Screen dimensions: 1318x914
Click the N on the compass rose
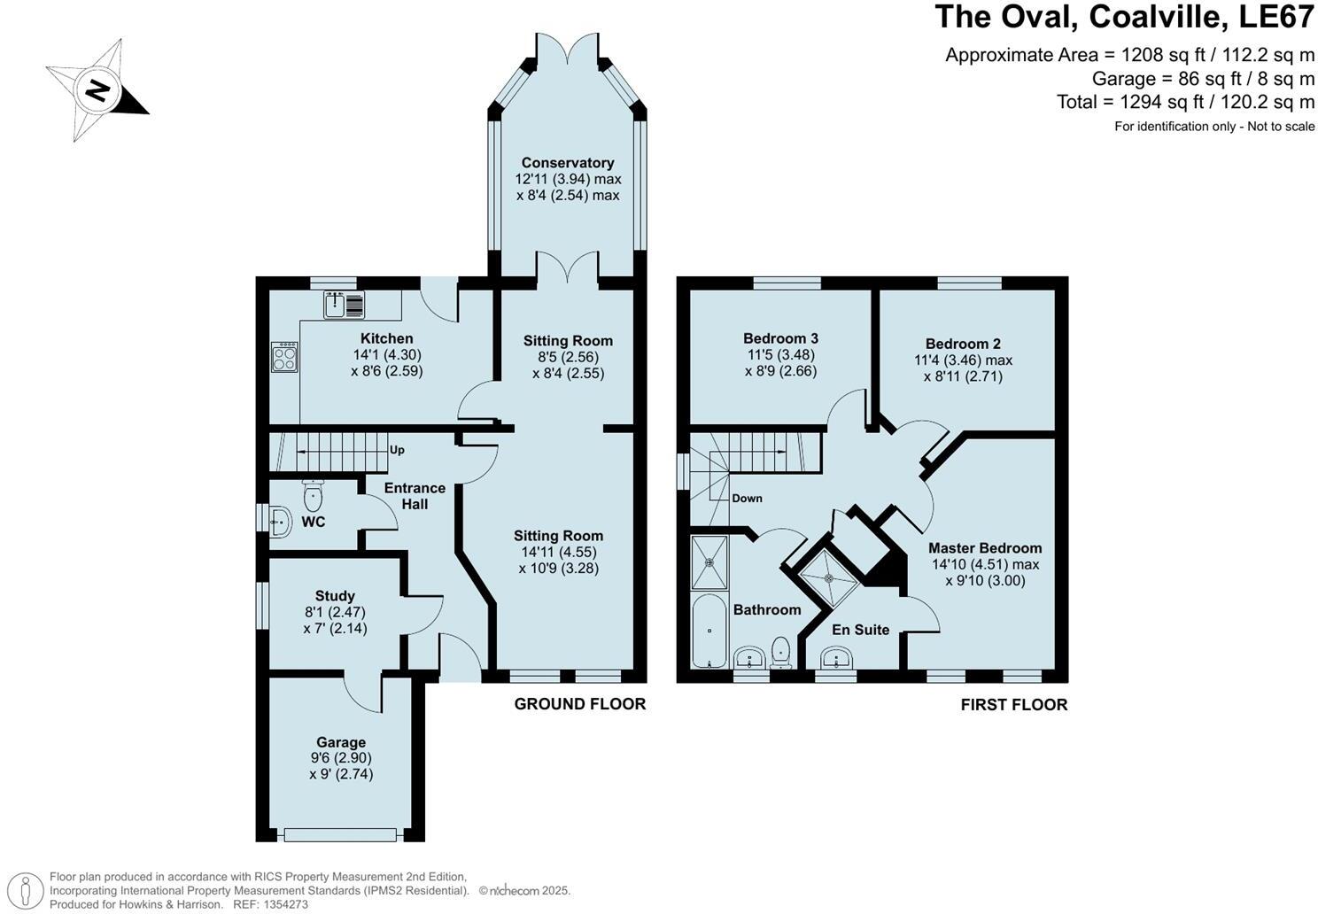pos(97,90)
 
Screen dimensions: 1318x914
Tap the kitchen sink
pos(344,305)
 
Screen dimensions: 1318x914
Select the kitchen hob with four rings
pos(284,357)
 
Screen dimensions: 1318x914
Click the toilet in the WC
pos(313,496)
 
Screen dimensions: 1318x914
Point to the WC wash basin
pos(280,521)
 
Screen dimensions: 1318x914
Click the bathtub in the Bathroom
pos(709,631)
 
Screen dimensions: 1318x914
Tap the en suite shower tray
pos(829,577)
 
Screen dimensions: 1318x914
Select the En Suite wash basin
pos(836,658)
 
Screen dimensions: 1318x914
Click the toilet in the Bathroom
pos(781,653)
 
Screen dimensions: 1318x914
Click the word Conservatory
pos(567,162)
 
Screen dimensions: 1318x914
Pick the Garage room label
pos(341,742)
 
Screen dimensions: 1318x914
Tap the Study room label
pos(335,596)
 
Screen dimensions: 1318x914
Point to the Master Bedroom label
pos(985,548)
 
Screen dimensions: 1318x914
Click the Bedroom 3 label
pos(780,338)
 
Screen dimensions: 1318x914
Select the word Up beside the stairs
pos(397,451)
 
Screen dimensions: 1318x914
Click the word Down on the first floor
pos(747,498)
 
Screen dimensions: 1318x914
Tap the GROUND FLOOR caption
pos(579,704)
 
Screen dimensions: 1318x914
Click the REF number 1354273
pos(285,904)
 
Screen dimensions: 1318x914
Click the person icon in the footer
pos(26,890)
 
